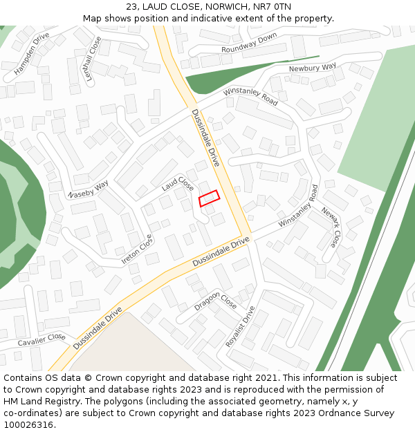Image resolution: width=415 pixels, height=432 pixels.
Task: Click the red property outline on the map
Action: click(x=209, y=198)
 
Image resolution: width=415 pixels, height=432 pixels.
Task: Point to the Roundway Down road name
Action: click(x=249, y=43)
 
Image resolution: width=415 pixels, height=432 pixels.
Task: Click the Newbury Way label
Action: click(x=312, y=68)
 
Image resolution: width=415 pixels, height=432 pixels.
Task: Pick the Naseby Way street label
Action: click(x=89, y=190)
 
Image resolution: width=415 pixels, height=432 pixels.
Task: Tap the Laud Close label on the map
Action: click(x=178, y=184)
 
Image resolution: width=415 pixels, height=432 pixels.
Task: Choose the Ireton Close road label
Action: click(x=137, y=252)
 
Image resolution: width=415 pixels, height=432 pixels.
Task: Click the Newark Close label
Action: click(x=330, y=229)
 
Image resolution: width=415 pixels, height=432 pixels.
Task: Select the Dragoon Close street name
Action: click(x=215, y=302)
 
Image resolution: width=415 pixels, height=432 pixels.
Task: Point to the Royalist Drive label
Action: click(x=241, y=326)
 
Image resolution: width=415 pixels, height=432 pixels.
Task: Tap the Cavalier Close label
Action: click(x=41, y=339)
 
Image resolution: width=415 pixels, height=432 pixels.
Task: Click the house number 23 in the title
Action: click(x=131, y=7)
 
